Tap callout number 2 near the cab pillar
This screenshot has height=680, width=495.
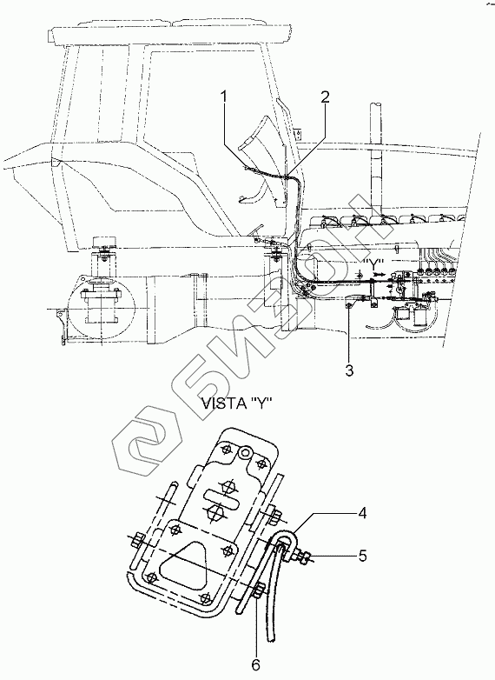coord(325,97)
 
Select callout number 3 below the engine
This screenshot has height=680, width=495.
coord(349,370)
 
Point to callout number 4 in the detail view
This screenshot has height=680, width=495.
coord(362,513)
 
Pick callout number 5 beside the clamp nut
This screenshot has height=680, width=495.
coord(362,556)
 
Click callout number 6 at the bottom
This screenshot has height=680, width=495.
coord(255,664)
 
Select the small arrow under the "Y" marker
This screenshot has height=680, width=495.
coord(379,275)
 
